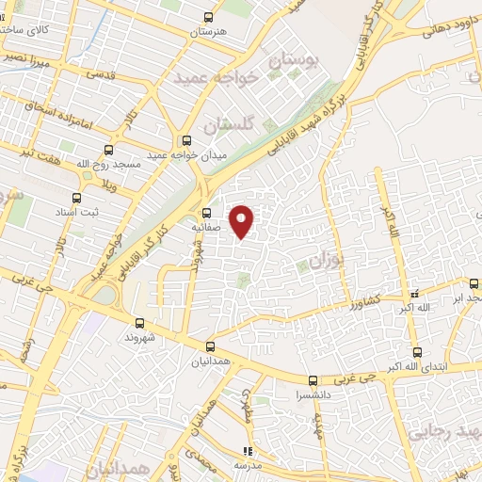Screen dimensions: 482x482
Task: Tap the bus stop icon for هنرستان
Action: pos(209,17)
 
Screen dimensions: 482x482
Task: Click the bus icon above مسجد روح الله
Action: pos(108,149)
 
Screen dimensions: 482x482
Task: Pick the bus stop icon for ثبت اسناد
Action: pos(76,198)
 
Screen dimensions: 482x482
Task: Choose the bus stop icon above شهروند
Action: pos(139,322)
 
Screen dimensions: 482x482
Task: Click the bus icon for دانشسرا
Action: pos(313,380)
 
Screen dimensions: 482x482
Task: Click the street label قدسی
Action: pos(100,72)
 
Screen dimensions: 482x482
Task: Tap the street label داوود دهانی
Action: pos(434,29)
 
